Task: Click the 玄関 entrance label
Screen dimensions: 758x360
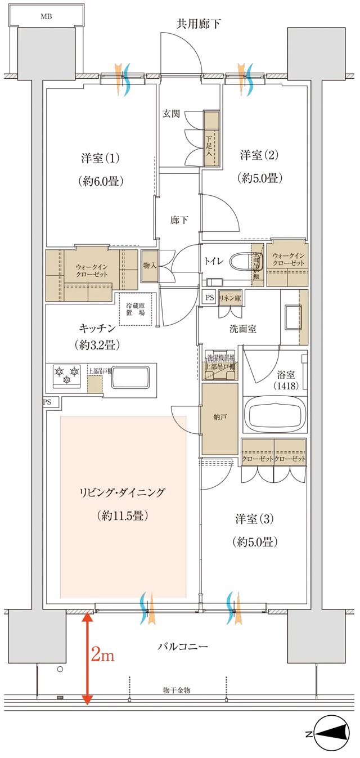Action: pyautogui.click(x=172, y=113)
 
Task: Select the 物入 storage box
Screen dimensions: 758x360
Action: pyautogui.click(x=148, y=265)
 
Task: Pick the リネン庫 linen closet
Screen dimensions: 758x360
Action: pyautogui.click(x=229, y=298)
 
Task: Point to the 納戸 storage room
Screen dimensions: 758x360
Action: pyautogui.click(x=220, y=419)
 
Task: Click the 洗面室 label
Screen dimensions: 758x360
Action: pyautogui.click(x=242, y=329)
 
